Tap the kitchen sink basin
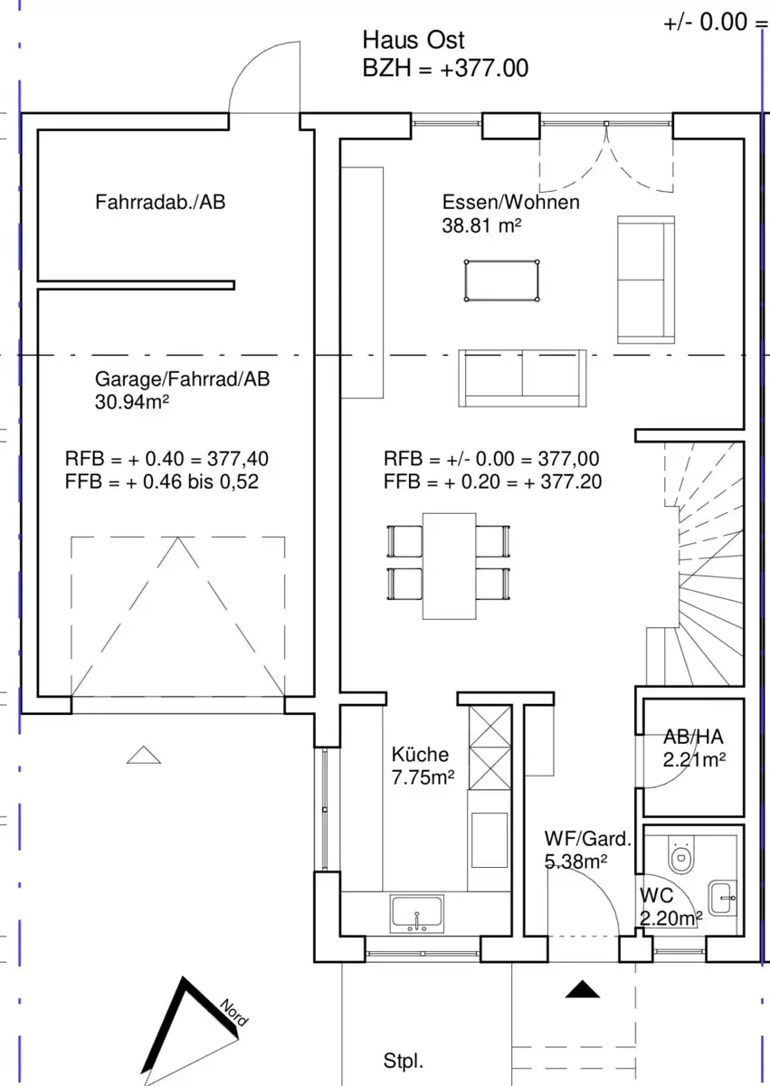417,913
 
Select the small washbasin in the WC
722,898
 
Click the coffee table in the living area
501,281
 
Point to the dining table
449,566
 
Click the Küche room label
420,755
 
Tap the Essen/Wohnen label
510,202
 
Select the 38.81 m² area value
481,225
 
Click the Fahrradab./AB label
160,202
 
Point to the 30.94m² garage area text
132,402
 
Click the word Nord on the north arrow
234,1013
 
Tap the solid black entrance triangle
583,989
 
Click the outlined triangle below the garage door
144,755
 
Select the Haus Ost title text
414,40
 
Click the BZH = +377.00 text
445,69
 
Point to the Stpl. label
404,1061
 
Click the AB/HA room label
693,737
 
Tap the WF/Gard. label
588,839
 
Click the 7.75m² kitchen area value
423,777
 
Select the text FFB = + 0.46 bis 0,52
162,481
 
